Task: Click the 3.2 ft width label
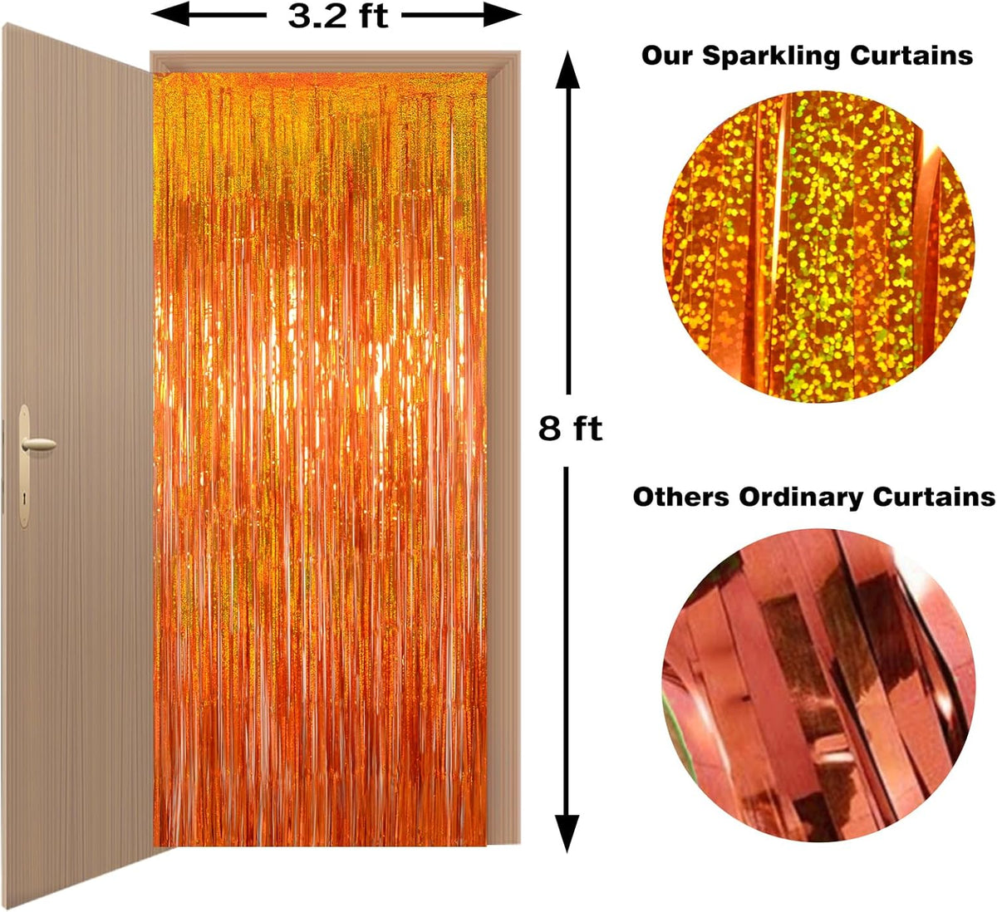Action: click(337, 17)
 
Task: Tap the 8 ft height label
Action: click(570, 429)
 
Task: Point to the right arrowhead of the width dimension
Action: click(502, 15)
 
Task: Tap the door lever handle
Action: click(38, 444)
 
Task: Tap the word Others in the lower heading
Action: click(681, 497)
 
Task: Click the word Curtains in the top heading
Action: click(911, 55)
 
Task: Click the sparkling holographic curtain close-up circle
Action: click(818, 247)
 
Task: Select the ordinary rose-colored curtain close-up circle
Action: click(818, 686)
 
